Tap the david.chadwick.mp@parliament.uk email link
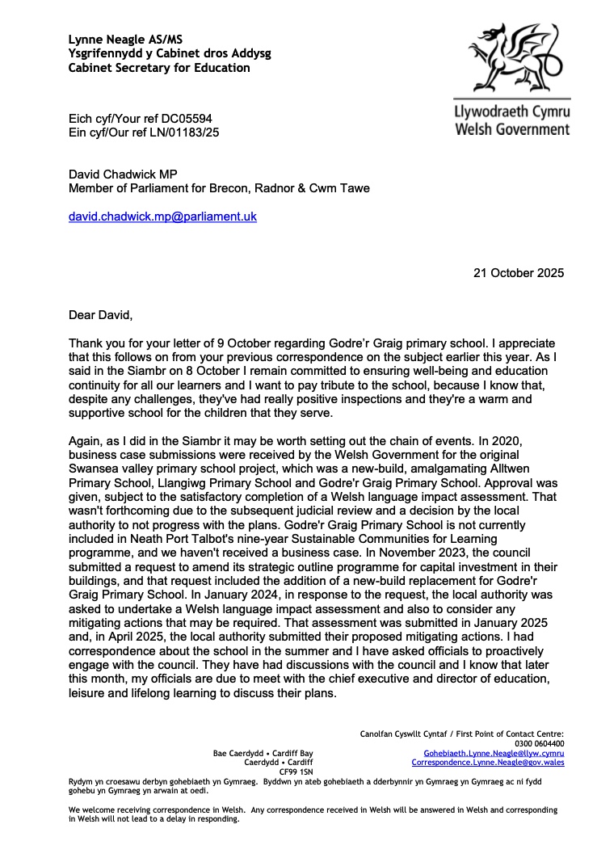tap(162, 217)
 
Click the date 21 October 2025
tap(519, 272)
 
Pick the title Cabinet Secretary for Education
tap(159, 68)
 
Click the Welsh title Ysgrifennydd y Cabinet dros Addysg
tap(170, 53)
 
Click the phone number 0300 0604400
tap(540, 743)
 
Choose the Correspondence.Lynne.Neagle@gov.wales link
tap(488, 762)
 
